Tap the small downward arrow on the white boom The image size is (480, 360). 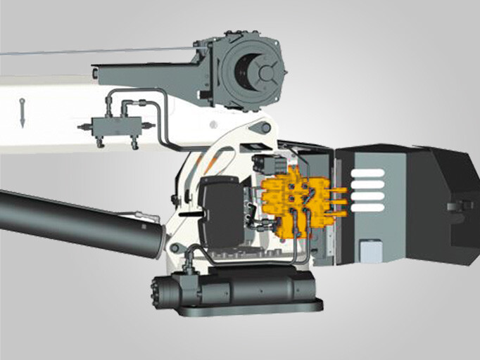pyautogui.click(x=23, y=112)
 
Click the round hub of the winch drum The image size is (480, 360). pyautogui.click(x=267, y=73)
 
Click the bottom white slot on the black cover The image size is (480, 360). pyautogui.click(x=367, y=207)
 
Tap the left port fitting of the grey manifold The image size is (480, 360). pyautogui.click(x=83, y=127)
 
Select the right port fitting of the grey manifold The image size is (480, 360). pyautogui.click(x=147, y=127)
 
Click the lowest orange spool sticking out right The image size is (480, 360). pyautogui.click(x=339, y=213)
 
